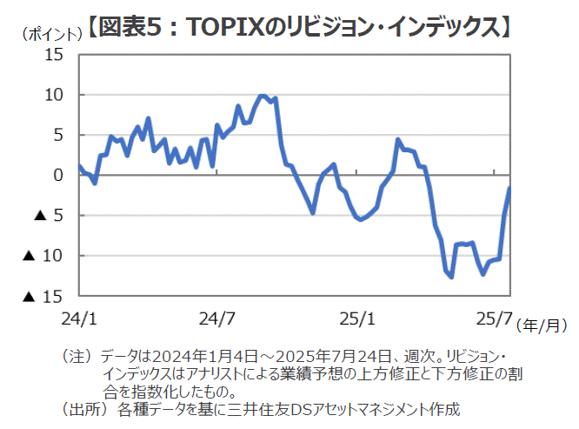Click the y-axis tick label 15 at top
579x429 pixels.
[x=54, y=54]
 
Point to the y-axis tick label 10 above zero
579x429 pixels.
[x=54, y=94]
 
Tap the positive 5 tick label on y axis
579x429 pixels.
[x=58, y=135]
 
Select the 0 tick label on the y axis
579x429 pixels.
[x=58, y=175]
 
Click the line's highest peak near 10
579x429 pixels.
[x=262, y=96]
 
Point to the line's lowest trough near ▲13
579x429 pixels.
[x=450, y=278]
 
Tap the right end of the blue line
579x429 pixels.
[x=509, y=188]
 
